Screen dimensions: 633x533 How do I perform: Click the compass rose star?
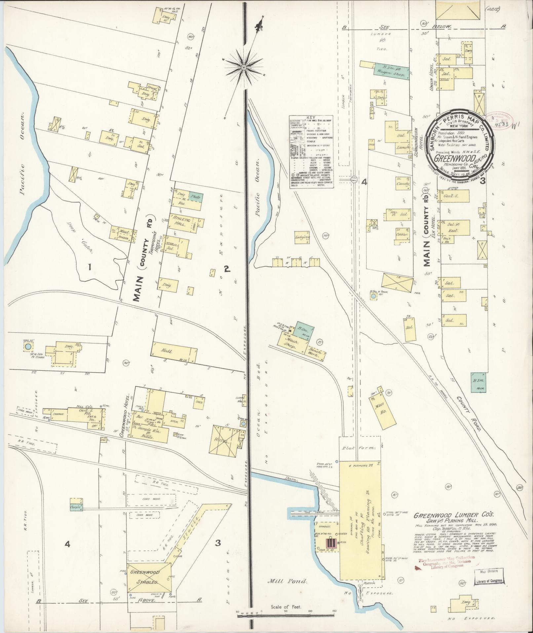tap(244, 67)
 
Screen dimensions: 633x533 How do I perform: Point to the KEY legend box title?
tap(311, 117)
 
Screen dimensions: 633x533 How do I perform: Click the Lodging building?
tap(303, 237)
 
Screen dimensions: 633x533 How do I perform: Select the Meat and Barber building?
tap(122, 234)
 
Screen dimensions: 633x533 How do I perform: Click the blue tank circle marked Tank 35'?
tap(28, 346)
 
